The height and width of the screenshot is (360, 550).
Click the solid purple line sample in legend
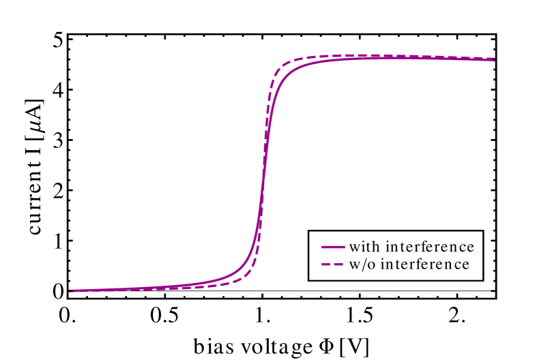[332, 246]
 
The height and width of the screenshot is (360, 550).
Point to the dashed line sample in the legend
[332, 264]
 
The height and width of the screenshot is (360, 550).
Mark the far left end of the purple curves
[71, 291]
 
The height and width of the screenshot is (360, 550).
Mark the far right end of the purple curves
[493, 59]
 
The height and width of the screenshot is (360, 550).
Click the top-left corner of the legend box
[310, 232]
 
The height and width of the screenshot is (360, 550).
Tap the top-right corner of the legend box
[482, 232]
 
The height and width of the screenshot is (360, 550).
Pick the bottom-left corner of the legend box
[310, 279]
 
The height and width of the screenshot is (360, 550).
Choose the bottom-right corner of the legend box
[482, 279]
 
